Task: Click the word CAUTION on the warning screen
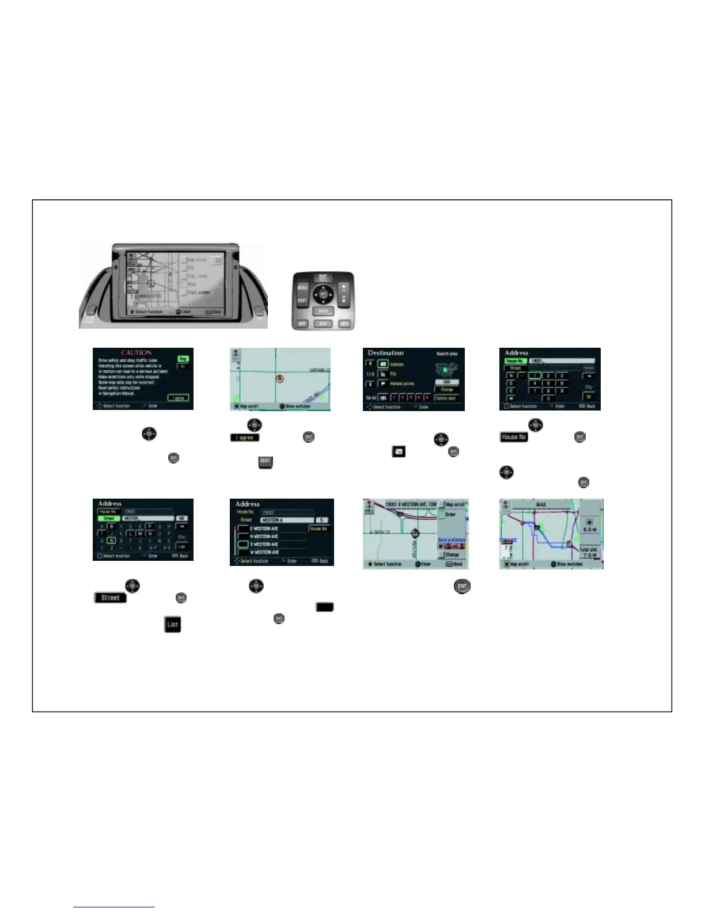coord(137,353)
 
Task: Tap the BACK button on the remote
coord(323,311)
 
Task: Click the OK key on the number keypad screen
coord(589,397)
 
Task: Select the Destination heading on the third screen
coord(386,353)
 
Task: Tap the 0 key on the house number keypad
coord(548,398)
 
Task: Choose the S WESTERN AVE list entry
coord(264,544)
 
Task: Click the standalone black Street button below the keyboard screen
coord(110,598)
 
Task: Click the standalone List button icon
coord(172,624)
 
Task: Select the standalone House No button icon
coord(513,437)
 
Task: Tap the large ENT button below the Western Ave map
coord(462,587)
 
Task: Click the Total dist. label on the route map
coord(589,550)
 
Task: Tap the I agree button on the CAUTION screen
coord(179,398)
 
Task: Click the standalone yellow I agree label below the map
coord(245,438)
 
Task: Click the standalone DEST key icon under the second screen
coord(265,461)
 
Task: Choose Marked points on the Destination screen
coord(402,383)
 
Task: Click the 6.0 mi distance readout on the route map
coord(590,529)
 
